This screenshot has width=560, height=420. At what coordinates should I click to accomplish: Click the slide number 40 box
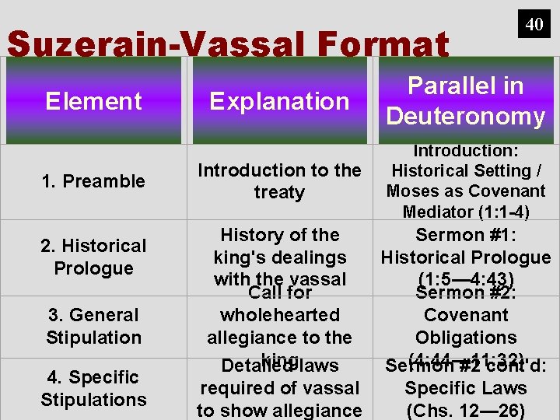534,23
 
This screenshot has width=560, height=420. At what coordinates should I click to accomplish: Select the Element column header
93,101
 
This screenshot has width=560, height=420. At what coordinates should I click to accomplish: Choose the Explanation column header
279,101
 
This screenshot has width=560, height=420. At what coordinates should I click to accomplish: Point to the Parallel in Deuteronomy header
466,101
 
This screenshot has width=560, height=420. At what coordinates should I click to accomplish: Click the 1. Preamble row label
93,181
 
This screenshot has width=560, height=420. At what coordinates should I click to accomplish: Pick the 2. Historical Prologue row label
93,257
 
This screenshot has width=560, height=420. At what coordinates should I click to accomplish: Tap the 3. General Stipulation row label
93,326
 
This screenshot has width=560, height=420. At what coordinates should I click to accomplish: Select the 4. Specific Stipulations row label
93,388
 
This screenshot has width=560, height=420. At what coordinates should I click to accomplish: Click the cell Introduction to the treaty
279,181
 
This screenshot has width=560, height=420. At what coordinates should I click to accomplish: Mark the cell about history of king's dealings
279,257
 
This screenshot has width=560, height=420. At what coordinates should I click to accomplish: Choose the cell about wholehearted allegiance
279,326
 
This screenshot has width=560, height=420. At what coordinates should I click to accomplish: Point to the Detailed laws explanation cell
279,388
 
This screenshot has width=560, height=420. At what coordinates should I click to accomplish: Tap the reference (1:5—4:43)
466,278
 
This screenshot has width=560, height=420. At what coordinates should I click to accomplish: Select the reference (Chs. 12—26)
466,410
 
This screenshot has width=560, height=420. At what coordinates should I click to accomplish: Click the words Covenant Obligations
466,326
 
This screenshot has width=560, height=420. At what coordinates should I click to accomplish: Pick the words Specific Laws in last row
466,387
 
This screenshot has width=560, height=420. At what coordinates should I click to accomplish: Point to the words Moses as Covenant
466,191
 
